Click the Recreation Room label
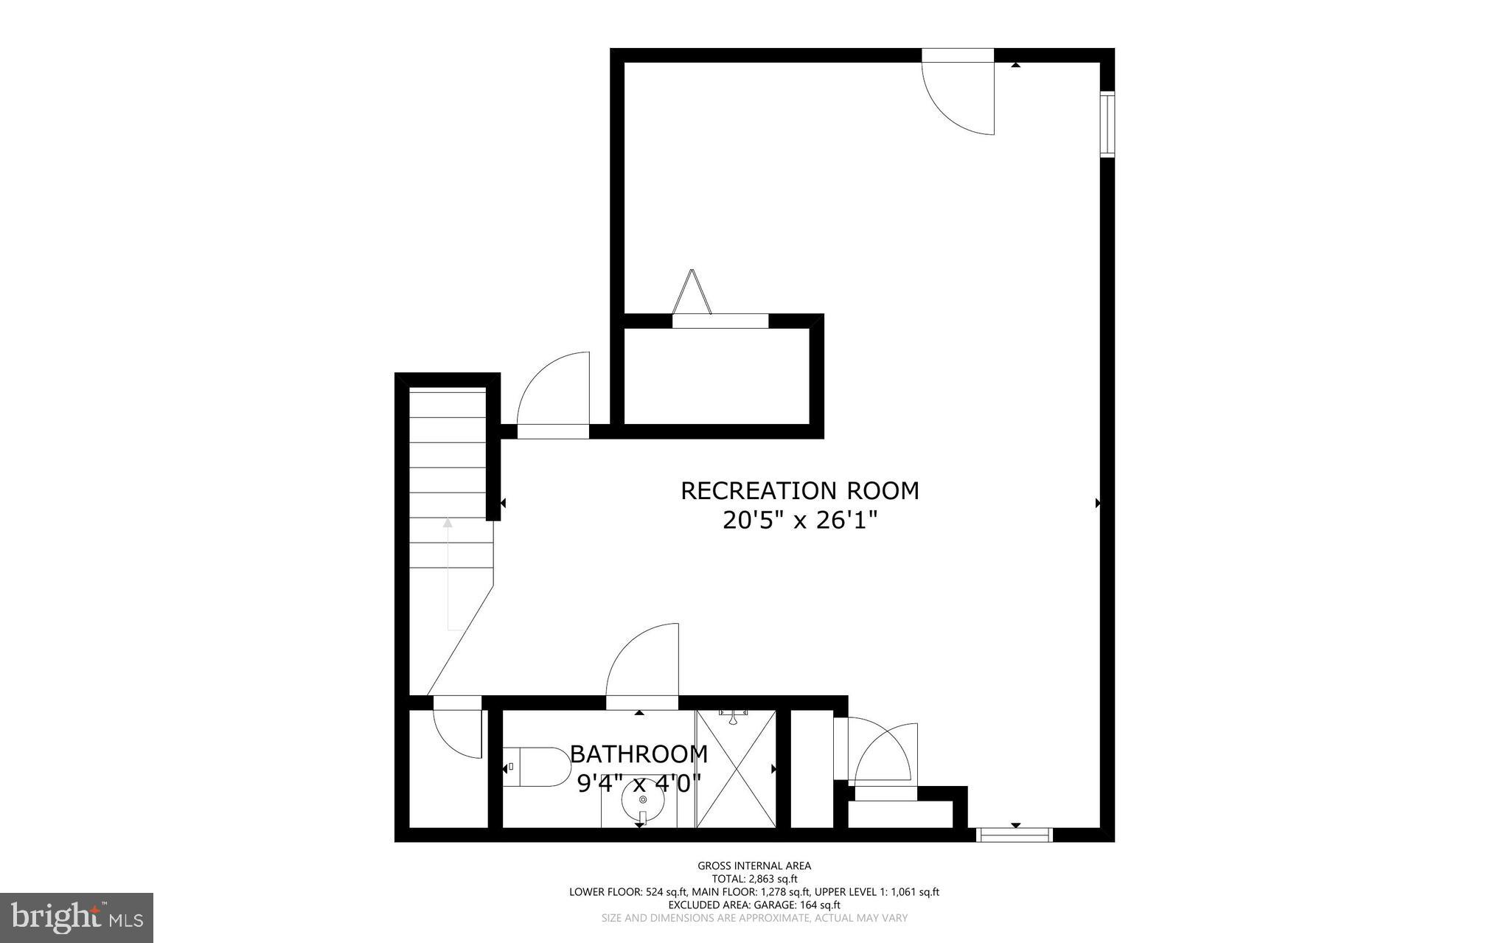(799, 491)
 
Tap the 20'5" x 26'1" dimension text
(799, 521)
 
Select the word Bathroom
(639, 754)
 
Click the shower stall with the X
(736, 768)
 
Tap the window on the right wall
(1107, 124)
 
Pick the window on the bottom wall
(1013, 835)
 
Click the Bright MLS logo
(77, 917)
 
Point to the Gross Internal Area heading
(754, 866)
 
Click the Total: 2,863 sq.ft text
(754, 879)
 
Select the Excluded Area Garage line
(754, 905)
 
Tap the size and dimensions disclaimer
(754, 918)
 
